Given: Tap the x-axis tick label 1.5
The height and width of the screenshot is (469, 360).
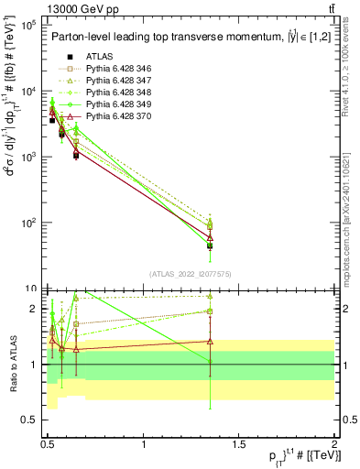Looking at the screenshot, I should tap(239, 444).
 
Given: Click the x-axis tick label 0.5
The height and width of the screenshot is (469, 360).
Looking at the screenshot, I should tap(49, 444).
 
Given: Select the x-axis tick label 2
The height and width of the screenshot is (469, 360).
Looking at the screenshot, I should tap(333, 444).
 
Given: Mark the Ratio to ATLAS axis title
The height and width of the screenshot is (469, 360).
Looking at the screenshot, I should tap(12, 365).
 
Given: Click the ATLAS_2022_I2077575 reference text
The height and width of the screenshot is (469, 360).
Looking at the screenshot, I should tap(189, 274).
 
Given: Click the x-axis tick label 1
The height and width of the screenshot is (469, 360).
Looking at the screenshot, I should tap(144, 444).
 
